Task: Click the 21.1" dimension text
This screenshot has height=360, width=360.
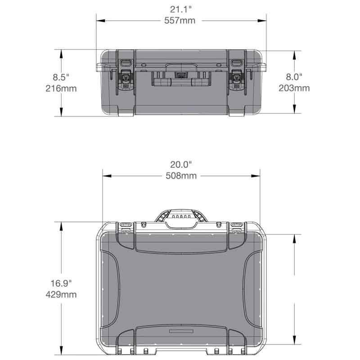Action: [x=181, y=9]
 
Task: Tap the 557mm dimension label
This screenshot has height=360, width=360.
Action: [x=180, y=20]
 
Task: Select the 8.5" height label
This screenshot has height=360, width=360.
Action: [x=61, y=77]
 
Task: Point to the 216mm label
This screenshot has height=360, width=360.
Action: [x=61, y=88]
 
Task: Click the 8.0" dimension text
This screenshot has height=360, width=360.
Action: [x=294, y=76]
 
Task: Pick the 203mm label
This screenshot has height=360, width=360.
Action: [x=294, y=88]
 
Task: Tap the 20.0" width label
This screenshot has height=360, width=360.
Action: [x=181, y=165]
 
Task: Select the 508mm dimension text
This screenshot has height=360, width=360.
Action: [x=181, y=176]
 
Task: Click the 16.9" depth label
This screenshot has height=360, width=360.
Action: [x=61, y=283]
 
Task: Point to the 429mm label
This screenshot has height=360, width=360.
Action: [x=61, y=295]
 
